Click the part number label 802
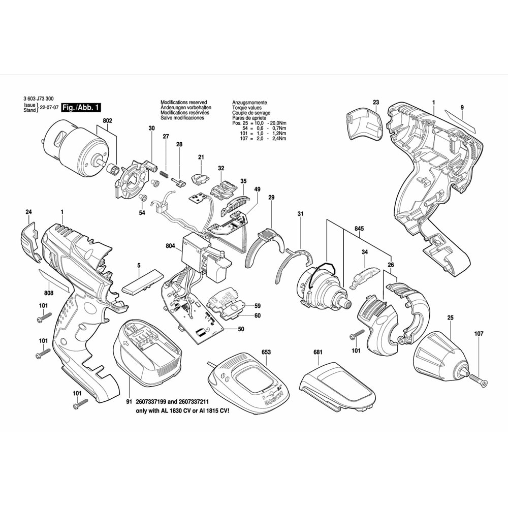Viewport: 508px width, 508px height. coord(107,121)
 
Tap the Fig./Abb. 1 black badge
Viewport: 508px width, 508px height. coord(81,108)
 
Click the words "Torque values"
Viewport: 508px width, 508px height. coord(248,108)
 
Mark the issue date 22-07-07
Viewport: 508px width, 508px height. coord(50,108)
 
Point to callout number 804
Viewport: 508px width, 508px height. coord(170,246)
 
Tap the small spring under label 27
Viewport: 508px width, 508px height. coord(164,174)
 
